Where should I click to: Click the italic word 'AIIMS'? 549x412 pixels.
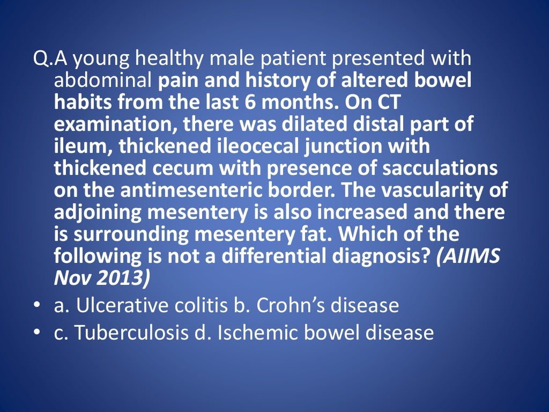[469, 256]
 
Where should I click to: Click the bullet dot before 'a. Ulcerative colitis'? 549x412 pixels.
[36, 306]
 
